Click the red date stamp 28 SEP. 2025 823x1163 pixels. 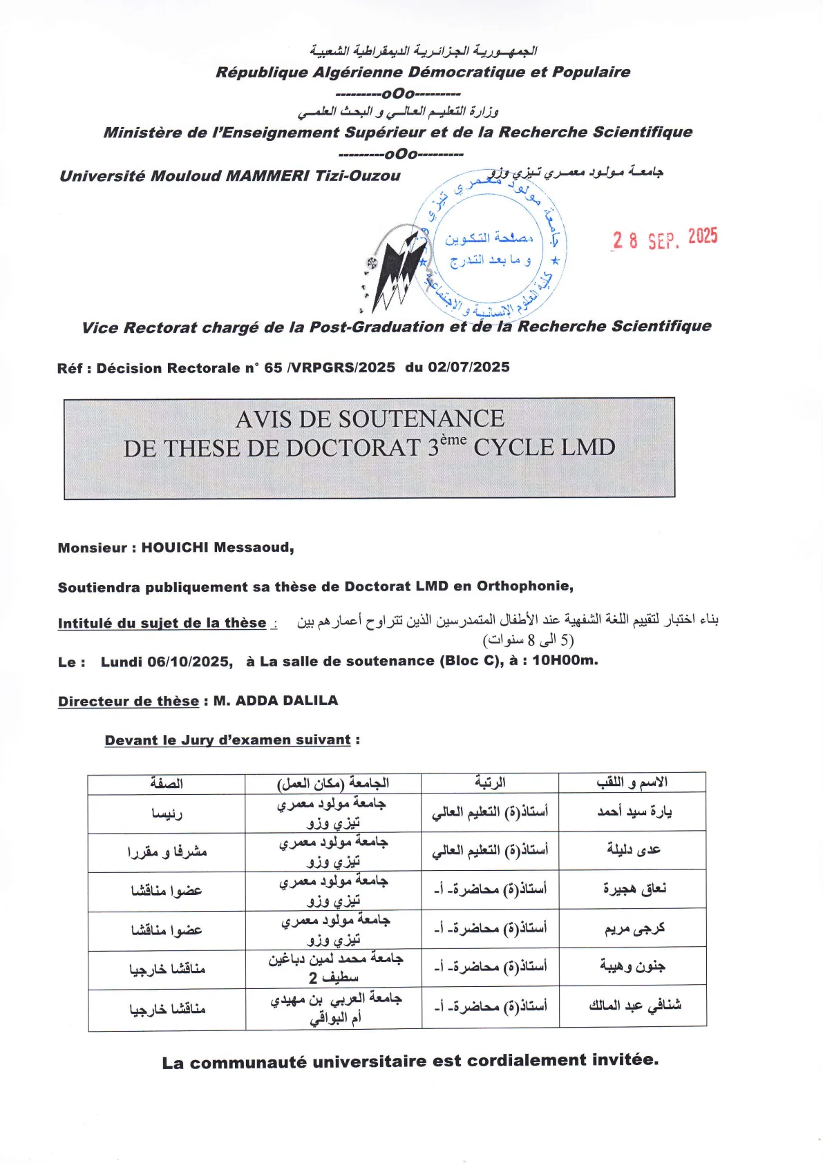tap(665, 239)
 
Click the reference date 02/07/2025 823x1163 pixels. tap(469, 367)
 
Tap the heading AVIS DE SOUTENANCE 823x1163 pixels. tap(370, 419)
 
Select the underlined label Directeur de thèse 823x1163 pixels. tap(129, 701)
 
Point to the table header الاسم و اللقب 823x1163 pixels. tap(632, 782)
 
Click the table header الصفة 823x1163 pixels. tap(167, 783)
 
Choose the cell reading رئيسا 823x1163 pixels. tap(167, 814)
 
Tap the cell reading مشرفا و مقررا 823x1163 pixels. tap(167, 852)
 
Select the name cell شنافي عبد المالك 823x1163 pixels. tap(634, 1006)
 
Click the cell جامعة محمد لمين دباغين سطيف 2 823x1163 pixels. tap(334, 968)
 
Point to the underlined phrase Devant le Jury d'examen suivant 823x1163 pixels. tap(228, 740)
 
